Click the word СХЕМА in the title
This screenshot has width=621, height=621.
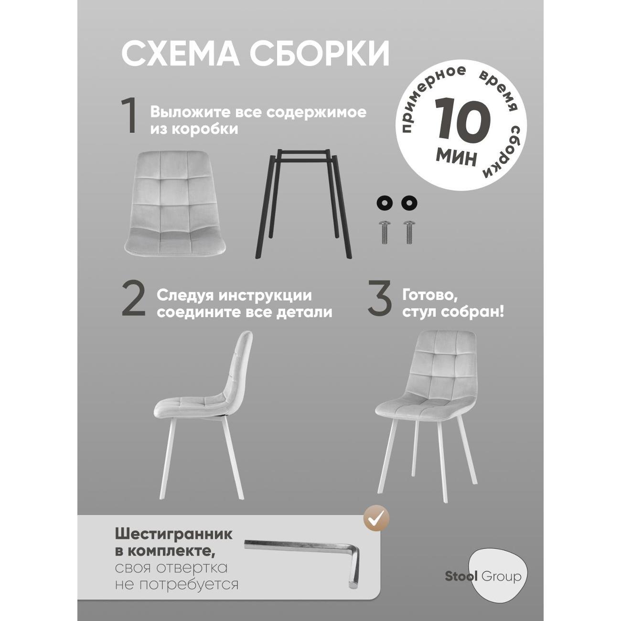(x=181, y=54)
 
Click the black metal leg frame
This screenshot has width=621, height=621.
(x=303, y=203)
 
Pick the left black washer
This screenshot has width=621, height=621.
(x=384, y=203)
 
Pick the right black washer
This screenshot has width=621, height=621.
(x=409, y=203)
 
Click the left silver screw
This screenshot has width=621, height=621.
(x=384, y=232)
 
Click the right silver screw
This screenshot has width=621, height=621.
(x=409, y=232)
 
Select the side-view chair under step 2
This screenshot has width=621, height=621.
(x=203, y=415)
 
